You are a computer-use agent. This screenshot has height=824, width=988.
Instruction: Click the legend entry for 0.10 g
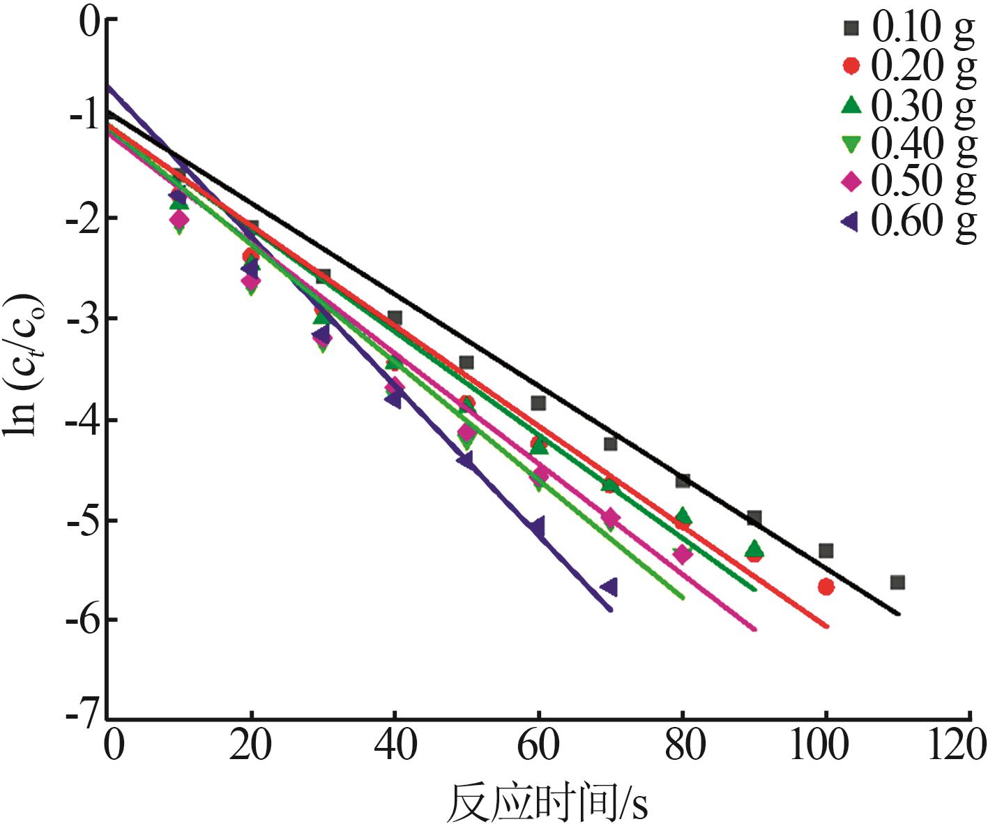906,28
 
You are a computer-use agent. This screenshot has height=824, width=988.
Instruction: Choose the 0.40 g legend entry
906,143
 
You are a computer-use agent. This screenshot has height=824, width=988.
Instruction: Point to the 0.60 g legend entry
906,221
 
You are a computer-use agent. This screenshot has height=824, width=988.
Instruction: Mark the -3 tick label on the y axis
82,319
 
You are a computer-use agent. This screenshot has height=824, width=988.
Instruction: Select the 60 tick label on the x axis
538,745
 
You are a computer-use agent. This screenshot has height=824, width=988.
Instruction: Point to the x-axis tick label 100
820,745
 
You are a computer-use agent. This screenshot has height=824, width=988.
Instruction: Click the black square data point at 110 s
897,582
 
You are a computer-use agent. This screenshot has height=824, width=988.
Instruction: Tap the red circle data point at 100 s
826,587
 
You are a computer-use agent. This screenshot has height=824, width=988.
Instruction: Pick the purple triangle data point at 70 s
609,587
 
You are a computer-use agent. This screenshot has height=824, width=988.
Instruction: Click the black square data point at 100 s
826,550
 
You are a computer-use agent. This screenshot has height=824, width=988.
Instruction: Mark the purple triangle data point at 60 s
536,527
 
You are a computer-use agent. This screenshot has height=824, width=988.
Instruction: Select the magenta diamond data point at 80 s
683,555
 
